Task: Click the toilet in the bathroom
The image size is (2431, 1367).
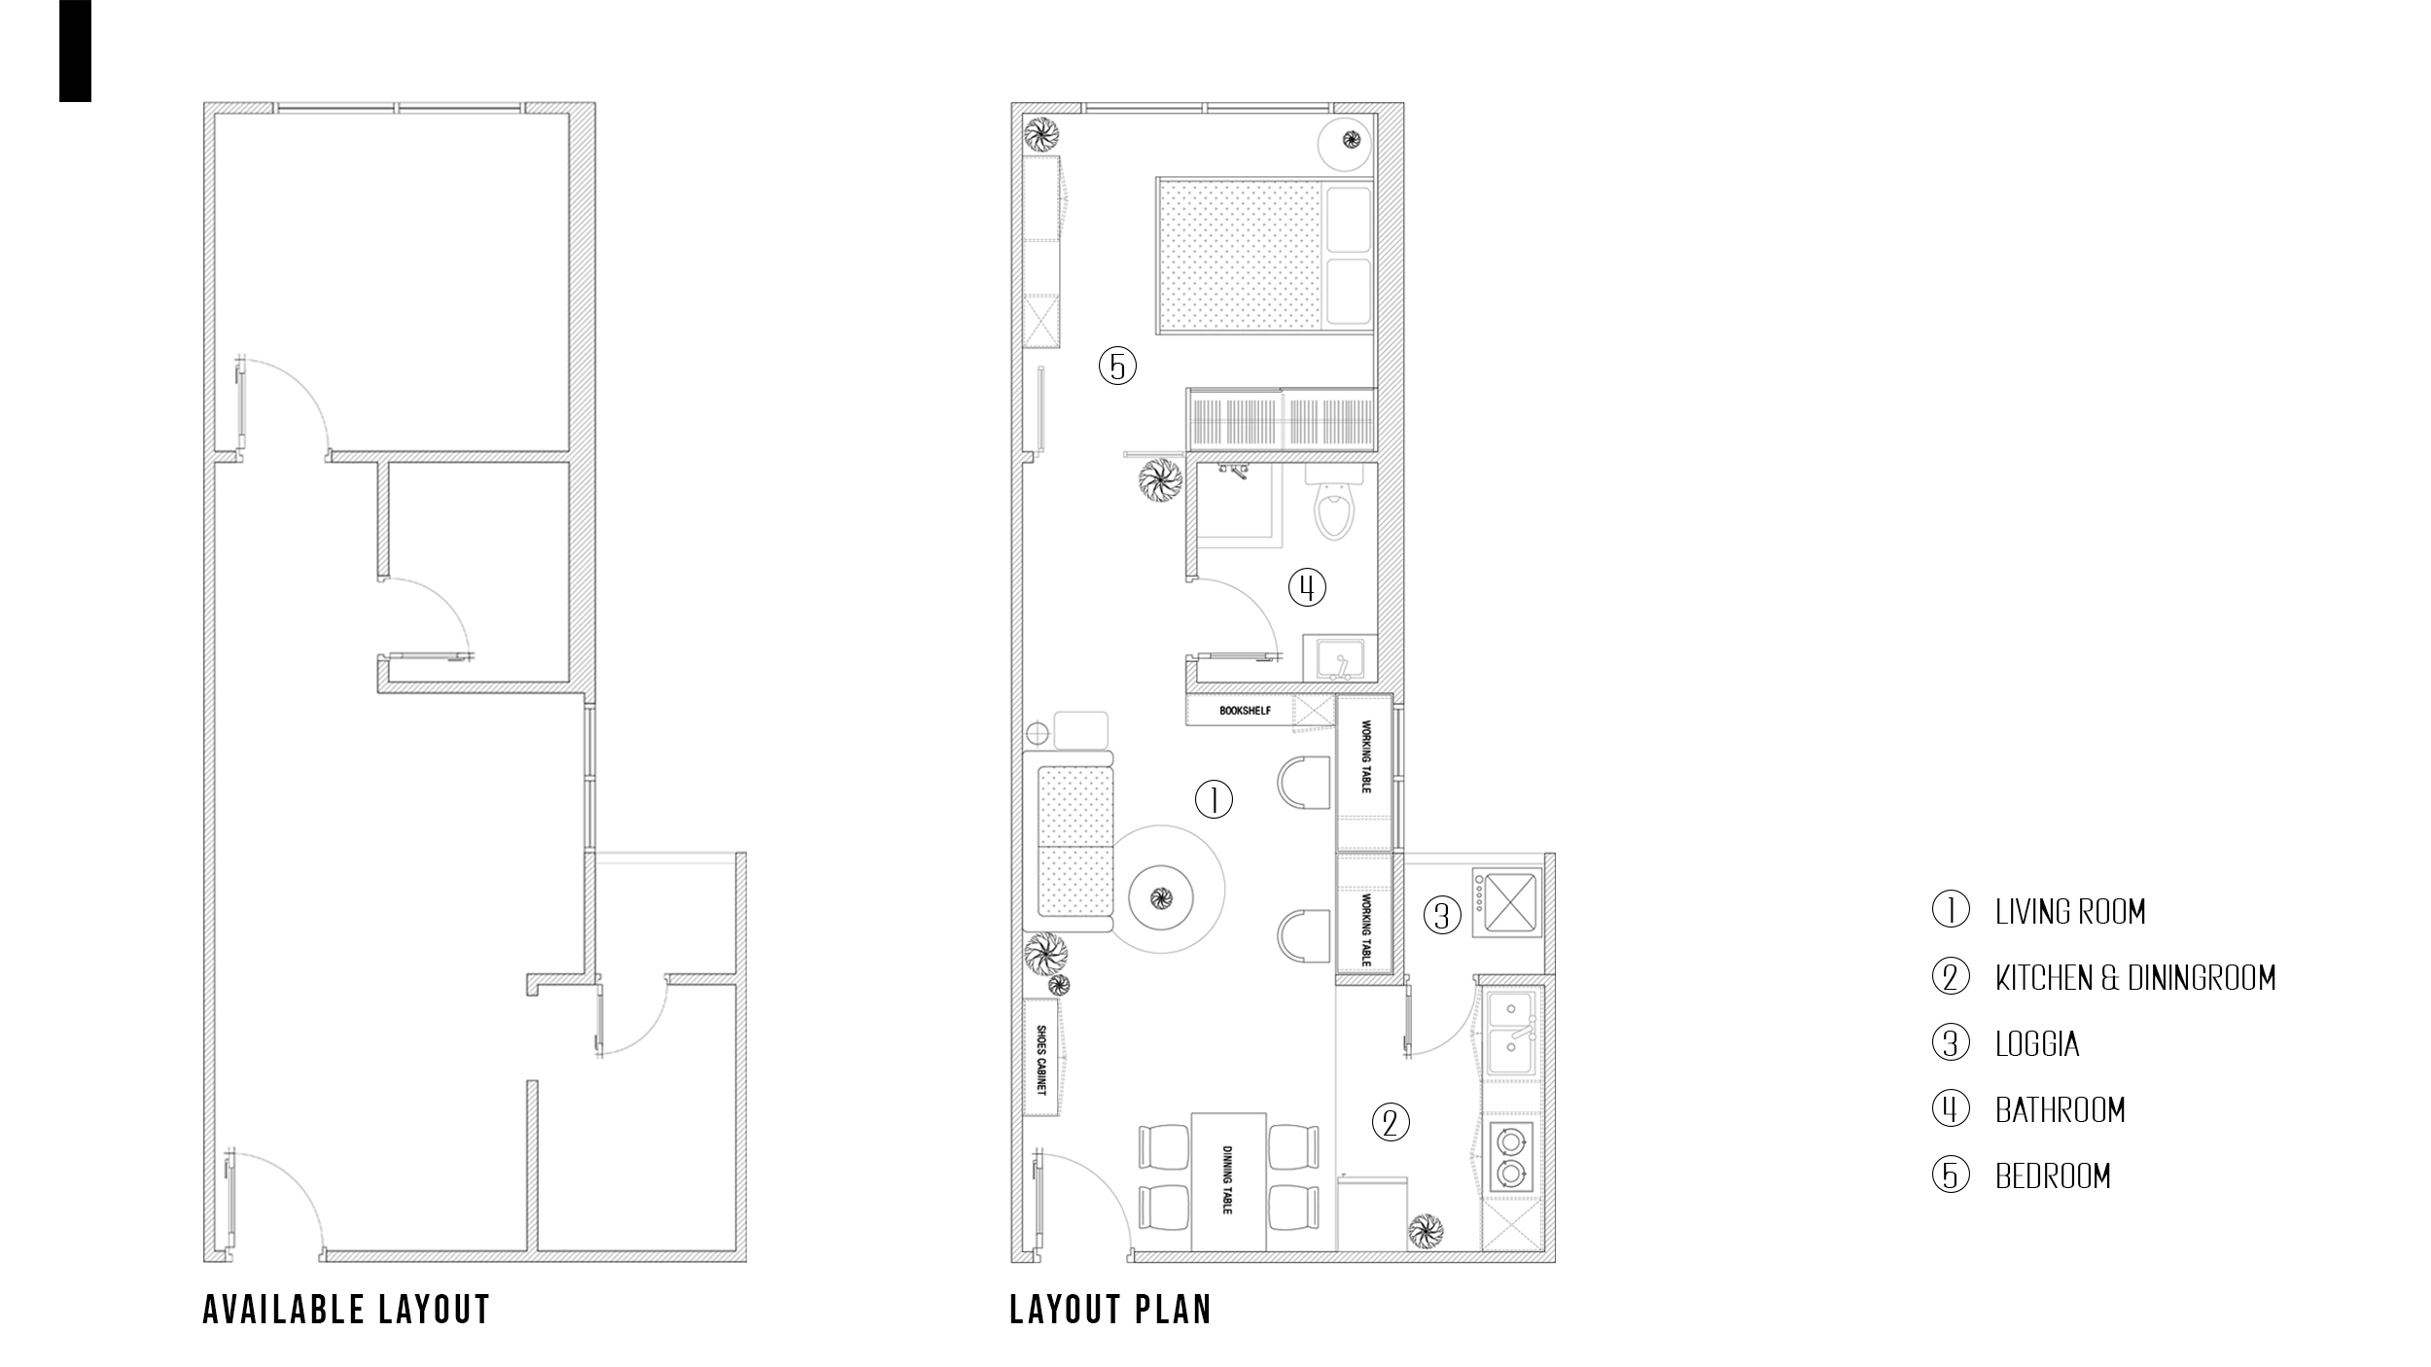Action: point(1333,500)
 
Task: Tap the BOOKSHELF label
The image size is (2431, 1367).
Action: point(1245,711)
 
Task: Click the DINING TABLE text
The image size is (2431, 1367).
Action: point(1227,1179)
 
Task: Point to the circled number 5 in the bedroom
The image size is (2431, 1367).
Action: point(1117,367)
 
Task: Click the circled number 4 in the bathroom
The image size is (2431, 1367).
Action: point(1307,587)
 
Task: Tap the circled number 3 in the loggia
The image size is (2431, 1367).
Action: point(1443,916)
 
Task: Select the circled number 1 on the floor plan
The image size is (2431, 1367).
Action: point(1214,800)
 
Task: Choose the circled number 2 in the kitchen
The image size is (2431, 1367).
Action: point(1391,1123)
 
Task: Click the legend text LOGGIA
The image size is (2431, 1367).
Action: point(2037,1044)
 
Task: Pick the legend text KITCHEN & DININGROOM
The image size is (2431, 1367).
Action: point(2135,977)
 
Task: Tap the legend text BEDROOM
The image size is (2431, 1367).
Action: point(2053,1176)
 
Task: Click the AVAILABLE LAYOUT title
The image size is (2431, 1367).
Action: point(346,1310)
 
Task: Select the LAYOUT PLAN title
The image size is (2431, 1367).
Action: point(1110,1310)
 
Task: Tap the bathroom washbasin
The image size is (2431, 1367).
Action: point(1340,658)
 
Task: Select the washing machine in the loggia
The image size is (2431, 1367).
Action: point(1506,903)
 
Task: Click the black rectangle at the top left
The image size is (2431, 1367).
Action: point(75,51)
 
